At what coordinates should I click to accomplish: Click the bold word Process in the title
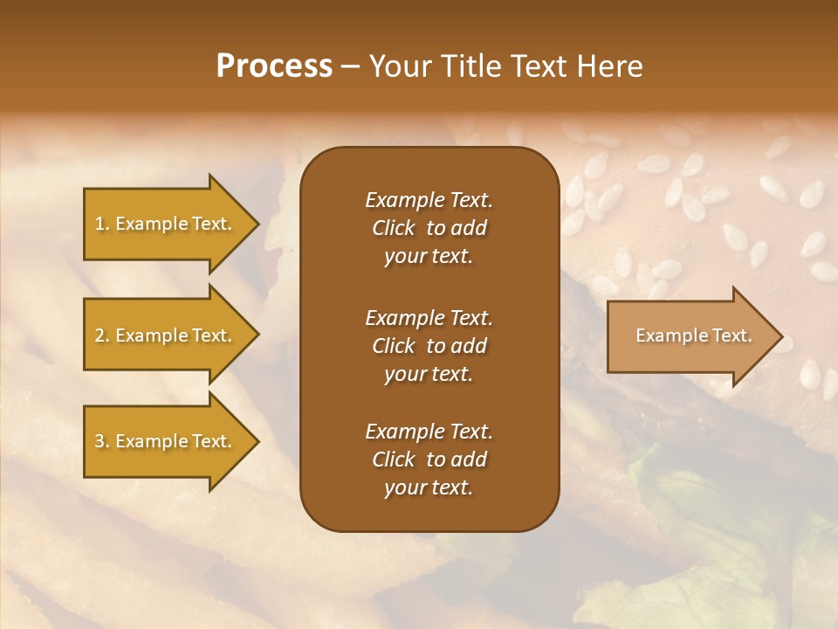coord(274,66)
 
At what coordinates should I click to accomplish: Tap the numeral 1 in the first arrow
coord(99,224)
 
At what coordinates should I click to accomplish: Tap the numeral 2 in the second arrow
coord(99,335)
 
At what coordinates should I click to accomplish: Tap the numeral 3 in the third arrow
coord(99,441)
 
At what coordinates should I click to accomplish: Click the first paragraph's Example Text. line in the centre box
coord(429,200)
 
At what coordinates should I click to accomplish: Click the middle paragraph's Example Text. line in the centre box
coord(429,317)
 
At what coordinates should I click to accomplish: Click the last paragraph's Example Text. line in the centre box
coord(429,432)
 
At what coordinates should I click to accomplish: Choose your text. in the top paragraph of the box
coord(429,257)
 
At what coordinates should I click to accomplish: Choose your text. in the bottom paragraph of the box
coord(429,488)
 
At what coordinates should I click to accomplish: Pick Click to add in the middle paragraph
coord(429,346)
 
